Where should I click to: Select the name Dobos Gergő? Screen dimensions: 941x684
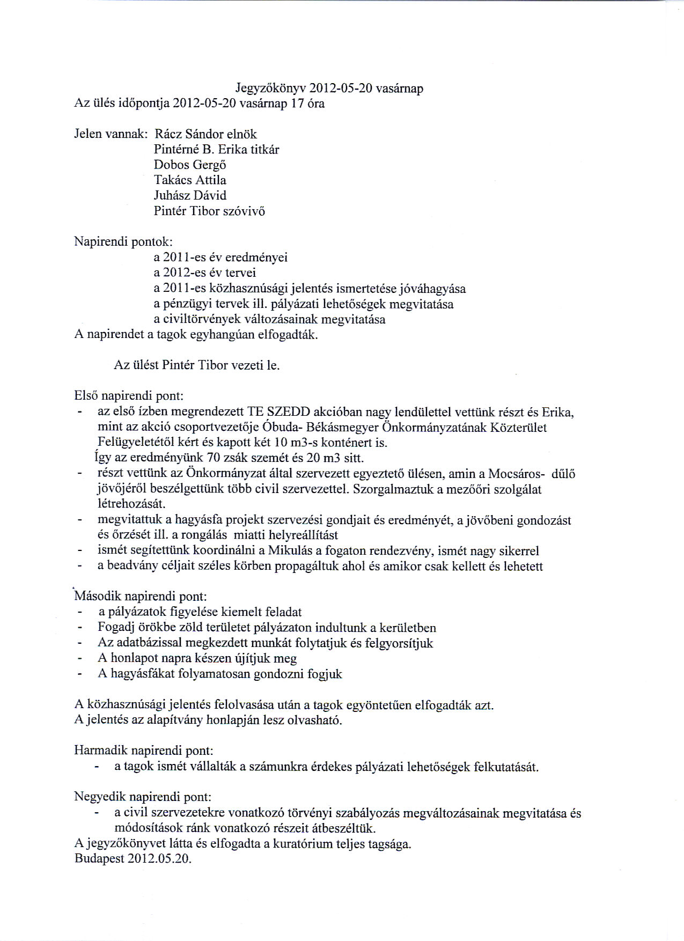(190, 165)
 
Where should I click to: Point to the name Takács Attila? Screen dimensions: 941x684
(190, 180)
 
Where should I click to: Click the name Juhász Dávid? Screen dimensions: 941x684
(190, 195)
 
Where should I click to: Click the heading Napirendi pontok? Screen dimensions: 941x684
(123, 242)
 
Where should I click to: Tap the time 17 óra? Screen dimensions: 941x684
(307, 104)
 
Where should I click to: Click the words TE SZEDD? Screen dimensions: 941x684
(278, 412)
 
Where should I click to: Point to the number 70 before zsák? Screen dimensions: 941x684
(214, 458)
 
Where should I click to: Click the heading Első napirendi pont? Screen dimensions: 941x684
(129, 396)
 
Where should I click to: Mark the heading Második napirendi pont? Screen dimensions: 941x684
(141, 597)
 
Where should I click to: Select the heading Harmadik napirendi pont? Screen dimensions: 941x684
(144, 751)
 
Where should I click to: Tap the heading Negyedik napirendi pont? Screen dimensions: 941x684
(143, 797)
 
